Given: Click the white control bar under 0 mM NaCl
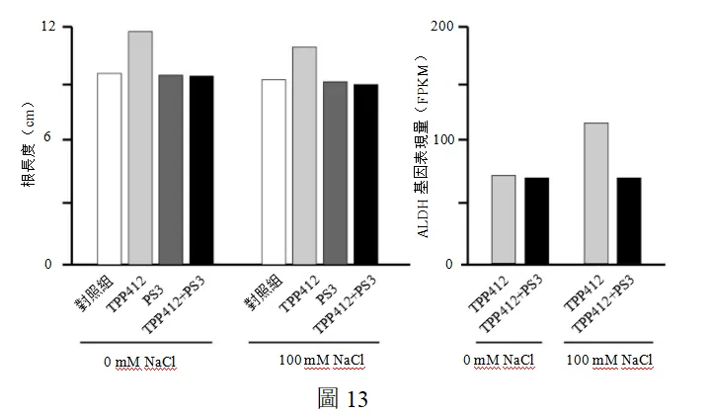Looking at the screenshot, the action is point(110,169).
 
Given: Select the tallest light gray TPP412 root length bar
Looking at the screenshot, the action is point(140,148).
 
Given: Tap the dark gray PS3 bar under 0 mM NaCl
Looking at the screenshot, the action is point(171,170).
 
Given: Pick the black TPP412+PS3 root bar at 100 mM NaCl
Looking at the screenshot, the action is point(366,174).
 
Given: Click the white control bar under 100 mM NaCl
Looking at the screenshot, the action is point(274,172).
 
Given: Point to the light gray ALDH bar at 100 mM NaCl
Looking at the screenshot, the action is point(596,194).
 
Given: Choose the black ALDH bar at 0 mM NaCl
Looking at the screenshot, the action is point(537,221).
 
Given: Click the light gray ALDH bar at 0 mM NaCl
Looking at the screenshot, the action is point(504,219).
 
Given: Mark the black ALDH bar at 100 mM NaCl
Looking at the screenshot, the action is point(629,221).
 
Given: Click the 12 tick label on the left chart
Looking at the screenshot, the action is point(48,27).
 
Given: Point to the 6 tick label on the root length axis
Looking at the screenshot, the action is point(47,138).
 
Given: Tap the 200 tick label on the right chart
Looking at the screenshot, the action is point(442,27).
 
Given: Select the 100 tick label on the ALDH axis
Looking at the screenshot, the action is point(443,139).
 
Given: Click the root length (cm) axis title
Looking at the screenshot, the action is point(28,144).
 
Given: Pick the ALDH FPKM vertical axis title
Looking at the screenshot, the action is point(423,146).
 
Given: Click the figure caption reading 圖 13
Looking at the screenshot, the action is point(343,398).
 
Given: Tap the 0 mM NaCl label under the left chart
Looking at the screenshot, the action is point(139,362).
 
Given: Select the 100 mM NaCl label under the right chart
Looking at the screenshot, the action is point(609,360).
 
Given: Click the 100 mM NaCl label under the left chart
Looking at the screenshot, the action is point(322,360).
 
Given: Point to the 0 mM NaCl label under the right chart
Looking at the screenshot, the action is point(499,360).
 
